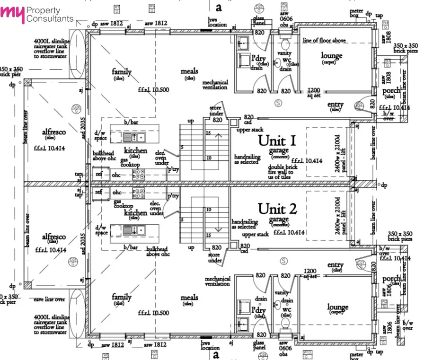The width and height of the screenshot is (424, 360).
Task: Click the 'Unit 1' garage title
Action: click(x=277, y=140)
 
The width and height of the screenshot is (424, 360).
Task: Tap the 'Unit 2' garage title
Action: click(x=277, y=209)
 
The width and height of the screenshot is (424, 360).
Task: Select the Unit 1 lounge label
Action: click(x=331, y=56)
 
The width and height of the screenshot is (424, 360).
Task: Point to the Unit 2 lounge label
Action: click(x=337, y=308)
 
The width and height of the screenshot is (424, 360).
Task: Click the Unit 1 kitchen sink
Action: click(x=135, y=137)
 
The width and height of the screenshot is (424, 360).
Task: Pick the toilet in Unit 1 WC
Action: click(x=285, y=45)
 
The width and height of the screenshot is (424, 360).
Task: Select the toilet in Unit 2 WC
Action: click(x=285, y=323)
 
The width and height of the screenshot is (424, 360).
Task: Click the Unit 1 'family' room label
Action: click(x=122, y=72)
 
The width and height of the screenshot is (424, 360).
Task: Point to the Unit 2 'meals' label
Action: click(x=189, y=298)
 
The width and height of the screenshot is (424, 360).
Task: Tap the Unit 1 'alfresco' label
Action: click(x=54, y=132)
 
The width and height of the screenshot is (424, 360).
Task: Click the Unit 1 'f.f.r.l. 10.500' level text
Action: click(x=151, y=89)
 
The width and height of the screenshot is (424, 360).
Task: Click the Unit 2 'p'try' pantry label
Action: click(x=173, y=195)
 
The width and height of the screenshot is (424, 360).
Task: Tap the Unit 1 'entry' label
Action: click(x=336, y=105)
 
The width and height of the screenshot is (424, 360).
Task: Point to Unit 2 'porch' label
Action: click(x=391, y=279)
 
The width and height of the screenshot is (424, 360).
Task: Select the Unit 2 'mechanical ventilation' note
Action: click(x=217, y=281)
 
